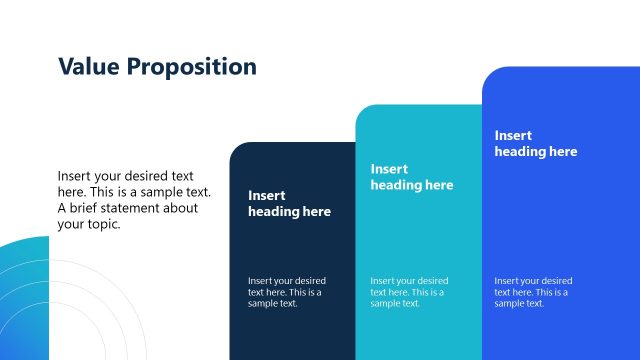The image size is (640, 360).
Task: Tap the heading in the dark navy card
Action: pyautogui.click(x=289, y=204)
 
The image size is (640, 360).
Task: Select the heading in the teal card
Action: pyautogui.click(x=412, y=177)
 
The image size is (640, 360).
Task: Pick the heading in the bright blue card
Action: pyautogui.click(x=535, y=143)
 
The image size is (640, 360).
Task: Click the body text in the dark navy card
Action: pyautogui.click(x=287, y=292)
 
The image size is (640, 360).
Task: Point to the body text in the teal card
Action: pyautogui.click(x=410, y=292)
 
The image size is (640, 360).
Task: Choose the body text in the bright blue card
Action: pyautogui.click(x=533, y=292)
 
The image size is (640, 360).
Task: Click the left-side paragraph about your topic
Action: pyautogui.click(x=134, y=200)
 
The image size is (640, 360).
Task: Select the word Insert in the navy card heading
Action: pyautogui.click(x=267, y=196)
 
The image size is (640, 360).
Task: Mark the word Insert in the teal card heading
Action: pyautogui.click(x=389, y=169)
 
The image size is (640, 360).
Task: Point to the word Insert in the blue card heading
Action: pyautogui.click(x=513, y=135)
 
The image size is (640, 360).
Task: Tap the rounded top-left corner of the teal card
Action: pyautogui.click(x=362, y=111)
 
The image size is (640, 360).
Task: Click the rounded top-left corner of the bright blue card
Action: pyautogui.click(x=489, y=73)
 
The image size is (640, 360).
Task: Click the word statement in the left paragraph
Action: pyautogui.click(x=141, y=208)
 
